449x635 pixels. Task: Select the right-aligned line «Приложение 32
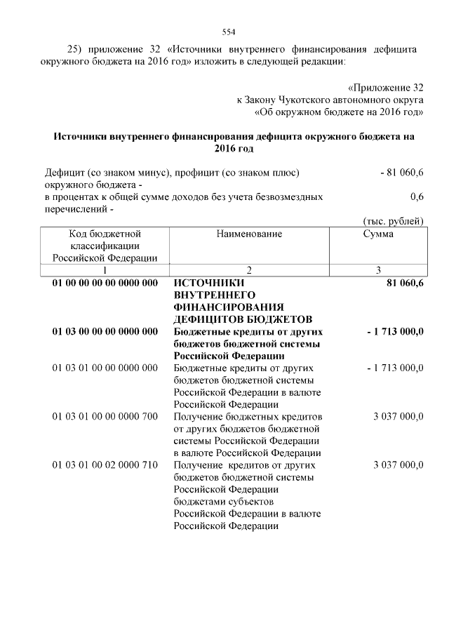(x=386, y=88)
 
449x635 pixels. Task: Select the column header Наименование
(x=249, y=234)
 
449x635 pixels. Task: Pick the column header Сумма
(x=378, y=234)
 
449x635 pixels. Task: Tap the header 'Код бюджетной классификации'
(x=105, y=245)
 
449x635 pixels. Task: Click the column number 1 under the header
(x=105, y=269)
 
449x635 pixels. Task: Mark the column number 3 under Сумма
(x=378, y=269)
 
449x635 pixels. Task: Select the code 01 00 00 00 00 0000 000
(x=105, y=283)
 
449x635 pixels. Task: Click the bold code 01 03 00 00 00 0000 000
(x=105, y=331)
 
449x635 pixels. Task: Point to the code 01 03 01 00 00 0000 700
(x=105, y=416)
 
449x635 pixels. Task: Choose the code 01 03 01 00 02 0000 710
(x=105, y=464)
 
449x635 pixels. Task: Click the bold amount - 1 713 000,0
(x=395, y=331)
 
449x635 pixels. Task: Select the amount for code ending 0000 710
(x=398, y=464)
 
